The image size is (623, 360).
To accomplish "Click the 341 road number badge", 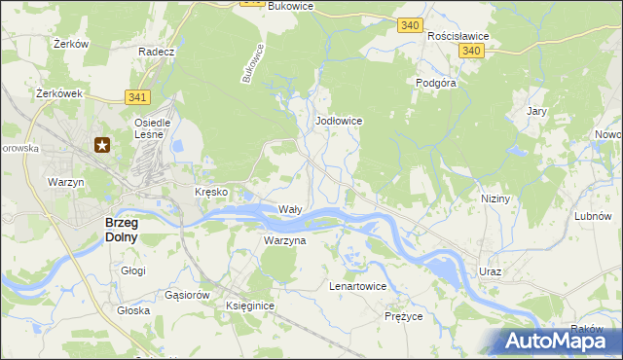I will coord(137,96).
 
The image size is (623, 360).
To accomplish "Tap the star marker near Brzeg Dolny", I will coord(102,146).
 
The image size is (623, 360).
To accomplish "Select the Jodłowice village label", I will coord(340,121).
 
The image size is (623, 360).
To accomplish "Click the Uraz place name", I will coord(490,271).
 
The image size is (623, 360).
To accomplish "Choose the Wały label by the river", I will coord(291,209).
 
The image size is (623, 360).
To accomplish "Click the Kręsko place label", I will coord(211,192).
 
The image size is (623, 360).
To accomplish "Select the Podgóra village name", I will coord(436,83).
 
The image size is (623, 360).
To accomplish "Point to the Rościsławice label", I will coord(458,35).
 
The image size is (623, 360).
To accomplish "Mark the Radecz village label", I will coord(156,52).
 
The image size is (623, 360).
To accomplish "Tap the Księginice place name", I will coord(250,306).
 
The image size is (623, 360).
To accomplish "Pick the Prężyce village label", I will coord(403,316).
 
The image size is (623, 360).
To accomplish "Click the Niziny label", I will coord(495,198).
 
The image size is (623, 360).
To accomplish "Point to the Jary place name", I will coord(536,111).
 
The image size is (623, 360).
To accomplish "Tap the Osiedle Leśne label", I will coord(152,129).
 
